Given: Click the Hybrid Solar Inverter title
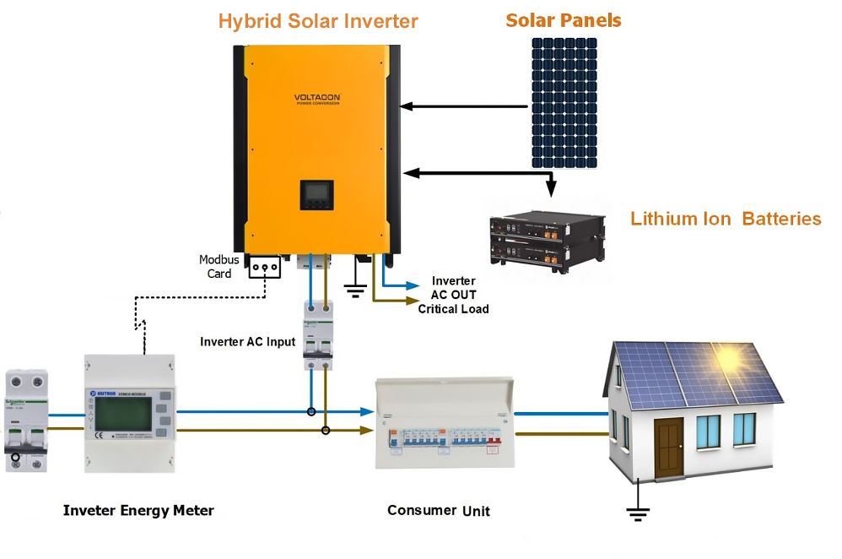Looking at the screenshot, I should point(318,21).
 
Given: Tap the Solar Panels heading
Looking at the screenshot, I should point(564,19).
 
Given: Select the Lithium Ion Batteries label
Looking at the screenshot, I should point(726,219).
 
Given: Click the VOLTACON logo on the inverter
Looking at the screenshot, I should point(317,99).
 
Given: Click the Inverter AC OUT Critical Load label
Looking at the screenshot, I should point(453,295).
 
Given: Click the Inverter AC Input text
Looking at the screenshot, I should point(247,342).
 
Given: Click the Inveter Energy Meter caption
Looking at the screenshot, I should point(138,510).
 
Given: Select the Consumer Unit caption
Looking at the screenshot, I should point(438,510).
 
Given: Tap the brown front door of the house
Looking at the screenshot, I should point(668,448).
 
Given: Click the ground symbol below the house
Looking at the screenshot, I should point(638,509).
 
